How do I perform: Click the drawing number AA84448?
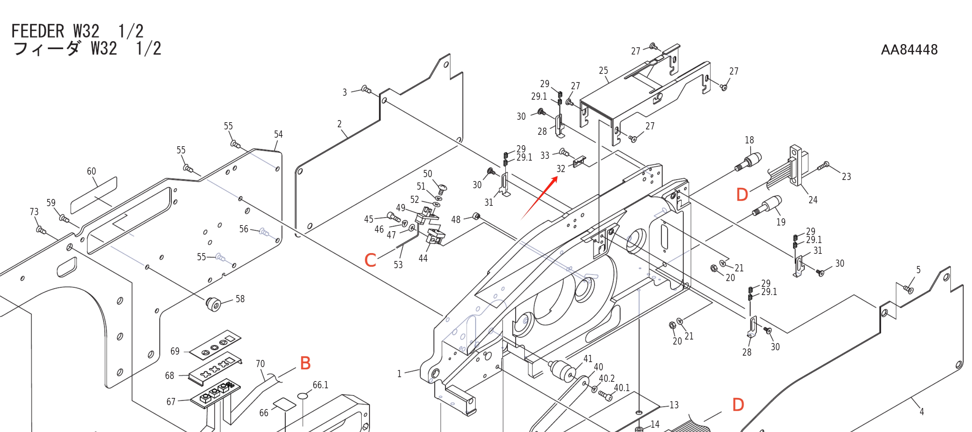click(x=909, y=49)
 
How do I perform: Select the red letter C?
click(x=370, y=260)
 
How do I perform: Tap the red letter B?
click(x=305, y=363)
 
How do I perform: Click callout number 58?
click(x=240, y=299)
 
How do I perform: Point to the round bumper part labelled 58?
click(x=214, y=304)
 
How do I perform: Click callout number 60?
click(x=91, y=171)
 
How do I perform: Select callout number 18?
click(x=749, y=140)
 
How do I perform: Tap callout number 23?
click(x=846, y=177)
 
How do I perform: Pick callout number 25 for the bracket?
click(x=603, y=71)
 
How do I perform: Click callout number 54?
click(x=278, y=134)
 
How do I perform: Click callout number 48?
click(x=456, y=219)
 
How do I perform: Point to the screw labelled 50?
click(x=442, y=188)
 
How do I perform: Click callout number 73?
click(x=34, y=212)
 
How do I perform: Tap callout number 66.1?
click(x=320, y=385)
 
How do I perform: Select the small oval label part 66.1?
click(x=302, y=396)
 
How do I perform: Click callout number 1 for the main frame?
click(x=399, y=374)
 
